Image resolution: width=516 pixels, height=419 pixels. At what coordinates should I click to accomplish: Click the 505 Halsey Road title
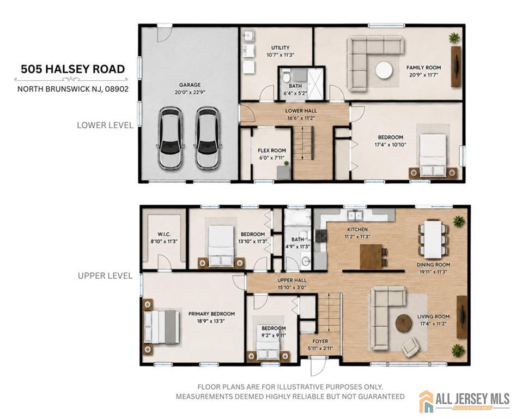[x=72, y=69]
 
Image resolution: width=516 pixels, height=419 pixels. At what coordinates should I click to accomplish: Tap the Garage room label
[x=190, y=85]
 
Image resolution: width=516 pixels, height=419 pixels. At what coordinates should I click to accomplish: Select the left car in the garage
[x=171, y=137]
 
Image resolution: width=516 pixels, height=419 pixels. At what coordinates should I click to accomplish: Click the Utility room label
[x=281, y=48]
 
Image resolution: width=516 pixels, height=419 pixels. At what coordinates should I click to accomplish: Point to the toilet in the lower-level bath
[x=286, y=76]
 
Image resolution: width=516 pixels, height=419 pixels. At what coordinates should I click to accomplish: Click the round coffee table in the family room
[x=384, y=70]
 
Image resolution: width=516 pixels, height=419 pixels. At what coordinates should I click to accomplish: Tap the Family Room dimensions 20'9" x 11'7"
[x=423, y=74]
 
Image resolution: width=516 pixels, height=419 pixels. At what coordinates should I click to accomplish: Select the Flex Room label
[x=272, y=151]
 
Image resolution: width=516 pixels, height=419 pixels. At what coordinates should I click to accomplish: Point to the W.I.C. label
[x=164, y=234]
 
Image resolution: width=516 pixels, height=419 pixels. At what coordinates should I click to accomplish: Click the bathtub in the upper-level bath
[x=298, y=217]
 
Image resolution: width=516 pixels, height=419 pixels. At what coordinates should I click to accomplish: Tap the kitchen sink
[x=355, y=215]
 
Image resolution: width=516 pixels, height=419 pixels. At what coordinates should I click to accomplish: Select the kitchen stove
[x=321, y=236]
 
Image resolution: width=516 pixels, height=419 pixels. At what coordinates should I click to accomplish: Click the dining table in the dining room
[x=433, y=239]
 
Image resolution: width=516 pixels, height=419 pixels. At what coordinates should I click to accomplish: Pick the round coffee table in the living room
[x=403, y=324]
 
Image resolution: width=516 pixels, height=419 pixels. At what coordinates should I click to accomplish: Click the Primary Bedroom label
[x=211, y=314]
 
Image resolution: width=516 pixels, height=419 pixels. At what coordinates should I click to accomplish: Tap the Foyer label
[x=320, y=342]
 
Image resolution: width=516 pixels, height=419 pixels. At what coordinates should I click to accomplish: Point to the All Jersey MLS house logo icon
[x=427, y=401]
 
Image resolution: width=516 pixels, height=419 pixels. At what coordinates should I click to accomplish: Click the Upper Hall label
[x=292, y=280]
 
